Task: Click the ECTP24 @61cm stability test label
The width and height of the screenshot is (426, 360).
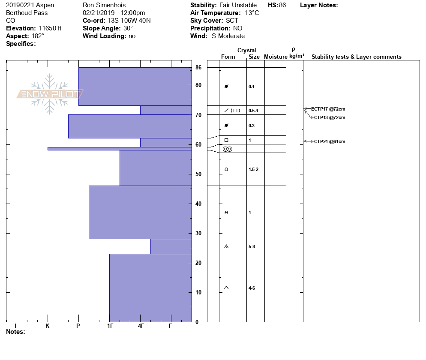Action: tap(328, 141)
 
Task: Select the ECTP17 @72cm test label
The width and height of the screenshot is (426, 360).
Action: tap(328, 109)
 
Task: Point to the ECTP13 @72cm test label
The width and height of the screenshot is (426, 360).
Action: tap(328, 117)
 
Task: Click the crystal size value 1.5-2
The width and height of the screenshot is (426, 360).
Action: tap(253, 169)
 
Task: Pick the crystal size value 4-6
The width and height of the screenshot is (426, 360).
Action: tap(252, 288)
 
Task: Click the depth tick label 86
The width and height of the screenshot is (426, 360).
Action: tap(198, 67)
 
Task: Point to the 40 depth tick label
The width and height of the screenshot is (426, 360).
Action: tap(198, 204)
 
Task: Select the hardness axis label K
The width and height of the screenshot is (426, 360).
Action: tap(48, 326)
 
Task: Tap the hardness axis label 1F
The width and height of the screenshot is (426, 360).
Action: tap(110, 326)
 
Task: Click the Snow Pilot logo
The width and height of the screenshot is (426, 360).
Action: tap(50, 94)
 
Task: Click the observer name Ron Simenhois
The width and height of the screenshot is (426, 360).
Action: tap(104, 5)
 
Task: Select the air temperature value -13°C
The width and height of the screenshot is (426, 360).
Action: tap(251, 13)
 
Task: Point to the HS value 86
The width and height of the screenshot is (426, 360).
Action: tap(282, 5)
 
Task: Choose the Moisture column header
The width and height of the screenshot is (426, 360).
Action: tap(276, 57)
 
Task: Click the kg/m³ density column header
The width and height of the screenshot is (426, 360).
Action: tap(297, 56)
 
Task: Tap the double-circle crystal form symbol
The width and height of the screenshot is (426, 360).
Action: tap(228, 149)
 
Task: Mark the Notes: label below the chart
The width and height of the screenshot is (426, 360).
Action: tap(15, 332)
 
